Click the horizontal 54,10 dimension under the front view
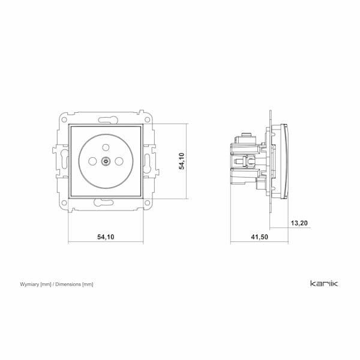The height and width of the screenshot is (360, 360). (x=106, y=237)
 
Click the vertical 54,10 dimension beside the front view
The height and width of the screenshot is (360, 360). (x=182, y=161)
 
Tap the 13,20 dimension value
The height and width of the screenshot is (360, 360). (x=299, y=223)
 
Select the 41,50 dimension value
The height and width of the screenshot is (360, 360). (x=259, y=237)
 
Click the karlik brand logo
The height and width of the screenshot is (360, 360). (x=324, y=283)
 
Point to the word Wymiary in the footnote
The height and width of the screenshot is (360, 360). (x=29, y=284)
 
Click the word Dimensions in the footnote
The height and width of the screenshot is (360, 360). (x=68, y=284)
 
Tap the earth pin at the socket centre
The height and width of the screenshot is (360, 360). (x=106, y=161)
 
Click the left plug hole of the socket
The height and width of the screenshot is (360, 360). (x=92, y=161)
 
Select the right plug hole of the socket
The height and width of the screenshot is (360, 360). (x=119, y=161)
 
